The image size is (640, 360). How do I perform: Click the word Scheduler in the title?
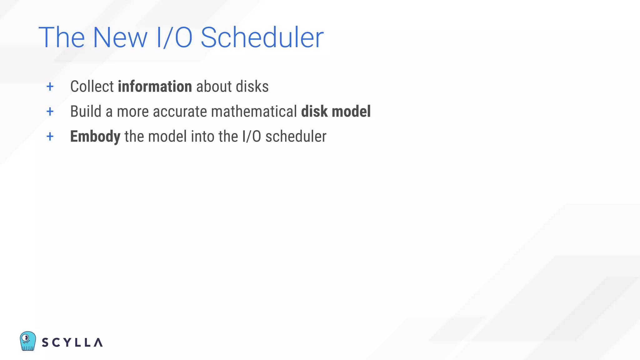[262, 37]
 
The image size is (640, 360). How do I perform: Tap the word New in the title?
[120, 37]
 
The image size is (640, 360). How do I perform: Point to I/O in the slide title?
[174, 37]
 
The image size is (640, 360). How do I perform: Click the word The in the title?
[62, 37]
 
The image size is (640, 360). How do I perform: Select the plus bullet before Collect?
[50, 87]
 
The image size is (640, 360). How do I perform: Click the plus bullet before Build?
[50, 112]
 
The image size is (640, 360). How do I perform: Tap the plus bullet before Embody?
[50, 137]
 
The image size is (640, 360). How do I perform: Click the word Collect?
[92, 87]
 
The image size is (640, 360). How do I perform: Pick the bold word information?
[155, 87]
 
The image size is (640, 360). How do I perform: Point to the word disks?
[252, 87]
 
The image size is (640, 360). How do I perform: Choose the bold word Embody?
[95, 137]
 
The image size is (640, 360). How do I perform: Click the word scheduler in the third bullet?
[296, 137]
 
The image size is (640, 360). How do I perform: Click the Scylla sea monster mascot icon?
[28, 341]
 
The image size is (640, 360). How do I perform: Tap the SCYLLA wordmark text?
[72, 342]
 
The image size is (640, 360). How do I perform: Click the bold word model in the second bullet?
[351, 112]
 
